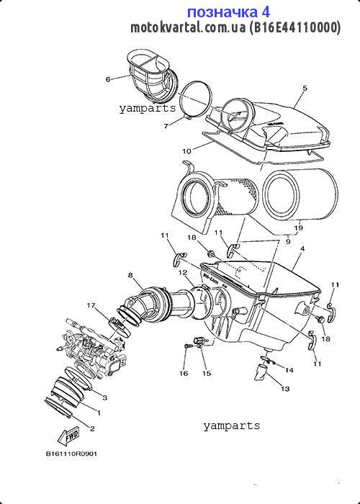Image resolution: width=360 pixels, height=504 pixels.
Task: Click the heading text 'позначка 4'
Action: click(x=228, y=12)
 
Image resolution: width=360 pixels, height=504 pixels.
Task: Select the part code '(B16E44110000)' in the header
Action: click(x=295, y=29)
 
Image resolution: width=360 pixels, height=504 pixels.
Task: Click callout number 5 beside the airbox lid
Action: click(x=305, y=89)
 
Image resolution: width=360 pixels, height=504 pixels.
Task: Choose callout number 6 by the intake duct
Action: click(x=108, y=78)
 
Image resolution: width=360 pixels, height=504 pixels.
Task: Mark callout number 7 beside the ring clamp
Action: click(x=165, y=125)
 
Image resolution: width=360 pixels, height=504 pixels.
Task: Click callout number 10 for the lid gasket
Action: click(x=186, y=152)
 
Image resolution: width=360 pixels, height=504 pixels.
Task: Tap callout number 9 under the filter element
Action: click(x=288, y=242)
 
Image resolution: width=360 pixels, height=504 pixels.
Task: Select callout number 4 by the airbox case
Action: click(x=302, y=248)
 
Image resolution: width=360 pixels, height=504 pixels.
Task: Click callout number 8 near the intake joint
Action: click(x=130, y=275)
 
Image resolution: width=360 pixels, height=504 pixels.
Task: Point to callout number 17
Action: click(x=91, y=305)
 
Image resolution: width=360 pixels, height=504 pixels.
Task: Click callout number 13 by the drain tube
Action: click(x=285, y=389)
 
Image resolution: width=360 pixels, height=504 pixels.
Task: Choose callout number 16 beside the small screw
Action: click(x=184, y=374)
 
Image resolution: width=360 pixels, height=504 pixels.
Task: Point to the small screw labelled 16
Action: click(x=186, y=348)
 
